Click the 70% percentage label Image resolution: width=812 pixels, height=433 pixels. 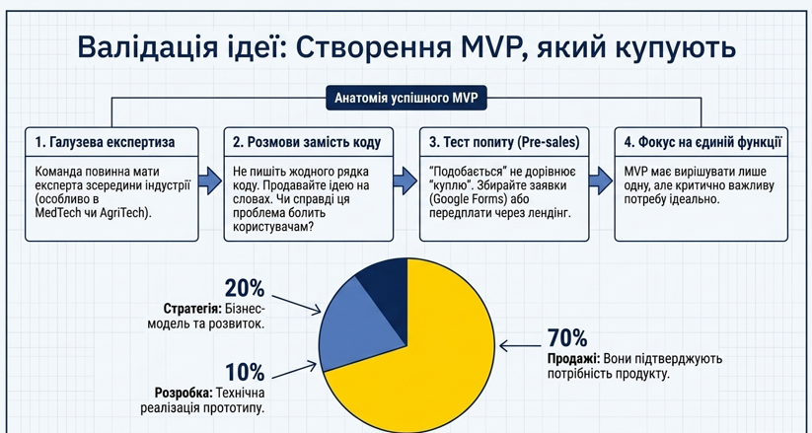click(567, 338)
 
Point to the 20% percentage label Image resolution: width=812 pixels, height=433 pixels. click(245, 288)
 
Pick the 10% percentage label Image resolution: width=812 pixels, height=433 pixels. click(245, 373)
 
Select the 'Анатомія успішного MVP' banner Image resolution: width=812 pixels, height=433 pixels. click(406, 98)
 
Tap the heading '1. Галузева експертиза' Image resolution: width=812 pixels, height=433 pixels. click(106, 142)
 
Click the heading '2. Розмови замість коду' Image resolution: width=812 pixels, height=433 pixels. click(307, 142)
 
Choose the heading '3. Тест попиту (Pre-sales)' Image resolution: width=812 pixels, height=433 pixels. click(504, 142)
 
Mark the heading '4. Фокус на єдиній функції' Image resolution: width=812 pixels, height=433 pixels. click(702, 142)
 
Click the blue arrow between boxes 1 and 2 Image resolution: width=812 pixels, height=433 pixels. click(211, 180)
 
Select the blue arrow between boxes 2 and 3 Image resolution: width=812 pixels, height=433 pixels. click(406, 180)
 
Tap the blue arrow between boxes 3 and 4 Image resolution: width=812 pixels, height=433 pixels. click(601, 180)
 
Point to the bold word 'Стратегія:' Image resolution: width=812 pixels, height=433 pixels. click(192, 309)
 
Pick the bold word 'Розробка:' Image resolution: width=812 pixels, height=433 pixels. click(184, 393)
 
